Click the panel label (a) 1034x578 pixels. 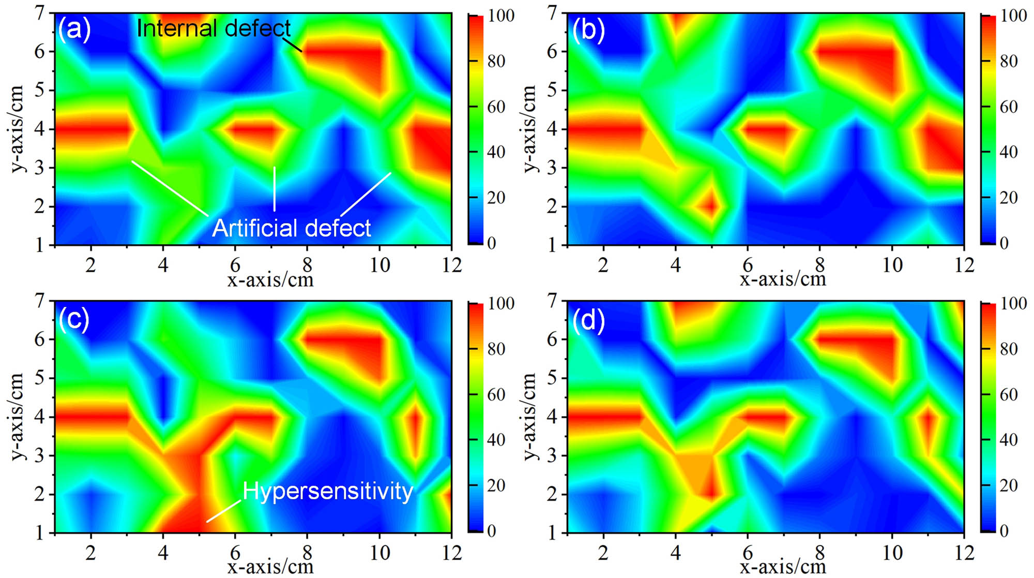point(74,29)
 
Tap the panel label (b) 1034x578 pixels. point(588,30)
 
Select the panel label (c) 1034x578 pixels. point(74,319)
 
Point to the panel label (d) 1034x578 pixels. point(588,320)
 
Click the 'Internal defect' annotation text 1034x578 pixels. point(214,28)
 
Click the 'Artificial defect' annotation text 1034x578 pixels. point(292,228)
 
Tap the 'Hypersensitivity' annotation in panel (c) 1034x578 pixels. point(328,491)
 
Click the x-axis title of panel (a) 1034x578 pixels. point(270,280)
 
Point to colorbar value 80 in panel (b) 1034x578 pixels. point(1009,61)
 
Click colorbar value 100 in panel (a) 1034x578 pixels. point(501,16)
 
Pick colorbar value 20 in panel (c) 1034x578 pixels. point(496,485)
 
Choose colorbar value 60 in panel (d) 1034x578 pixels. point(1009,394)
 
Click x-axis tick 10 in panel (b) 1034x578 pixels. point(892,265)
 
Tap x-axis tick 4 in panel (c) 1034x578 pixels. point(163,553)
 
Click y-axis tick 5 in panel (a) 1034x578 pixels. point(40,91)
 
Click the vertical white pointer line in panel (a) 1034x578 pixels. point(275,189)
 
